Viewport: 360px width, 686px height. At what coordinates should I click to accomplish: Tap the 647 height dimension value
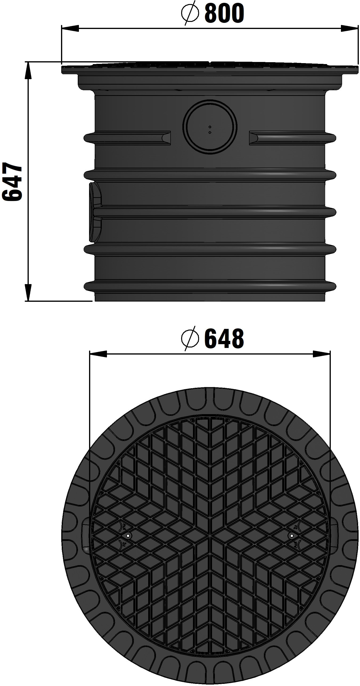click(12, 182)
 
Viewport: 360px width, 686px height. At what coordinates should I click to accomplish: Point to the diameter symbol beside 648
click(190, 339)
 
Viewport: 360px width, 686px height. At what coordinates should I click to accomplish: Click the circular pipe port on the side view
click(210, 127)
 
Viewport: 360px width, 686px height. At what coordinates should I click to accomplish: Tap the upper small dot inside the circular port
click(210, 127)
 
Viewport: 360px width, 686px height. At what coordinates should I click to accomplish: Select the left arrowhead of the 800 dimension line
click(70, 28)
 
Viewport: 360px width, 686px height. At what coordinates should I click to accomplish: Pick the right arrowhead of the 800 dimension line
click(349, 28)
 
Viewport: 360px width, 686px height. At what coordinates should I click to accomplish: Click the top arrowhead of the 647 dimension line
click(28, 71)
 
